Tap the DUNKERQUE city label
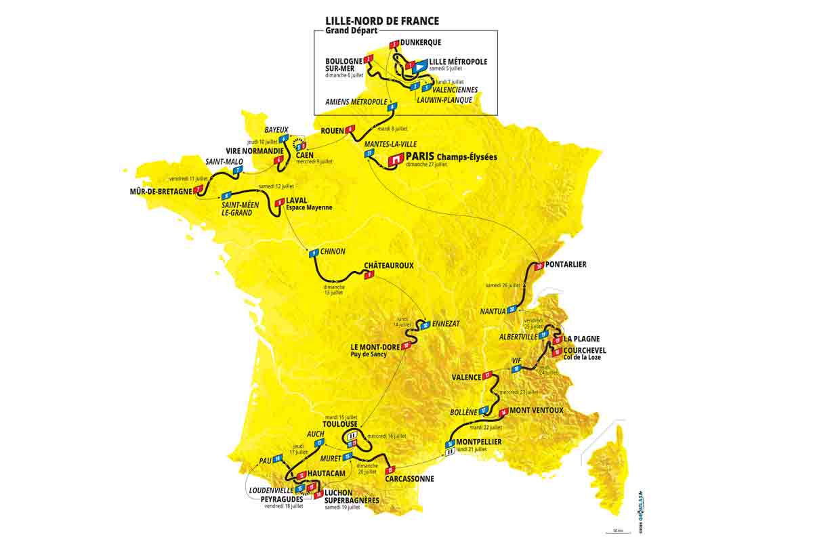(x=420, y=42)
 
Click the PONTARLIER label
(x=566, y=264)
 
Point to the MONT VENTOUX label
(x=536, y=411)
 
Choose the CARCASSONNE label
(x=409, y=478)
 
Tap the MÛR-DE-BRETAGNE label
(x=161, y=191)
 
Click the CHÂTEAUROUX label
(x=388, y=266)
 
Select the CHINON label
(x=333, y=251)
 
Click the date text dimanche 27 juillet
(x=426, y=165)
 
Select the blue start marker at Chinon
(x=314, y=253)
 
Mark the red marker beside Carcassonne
(x=390, y=470)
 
